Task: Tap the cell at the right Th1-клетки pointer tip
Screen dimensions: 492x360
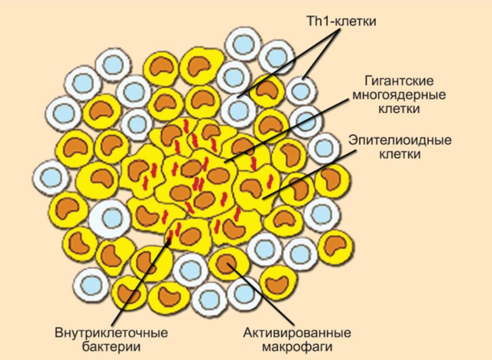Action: click(299, 90)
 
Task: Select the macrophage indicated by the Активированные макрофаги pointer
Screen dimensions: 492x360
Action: click(227, 261)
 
